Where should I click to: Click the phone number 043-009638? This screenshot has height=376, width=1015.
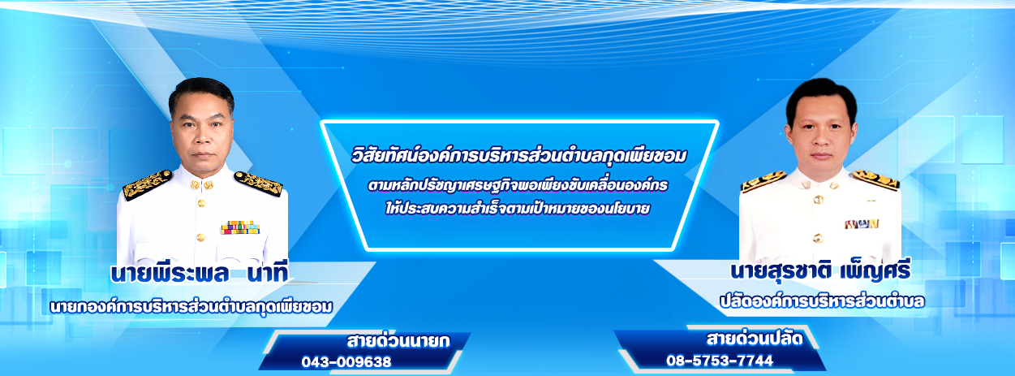click(346, 361)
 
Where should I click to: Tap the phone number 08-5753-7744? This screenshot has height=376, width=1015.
click(720, 360)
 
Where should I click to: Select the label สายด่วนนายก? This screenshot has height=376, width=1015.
click(398, 341)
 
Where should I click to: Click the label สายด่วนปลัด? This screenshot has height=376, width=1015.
click(755, 339)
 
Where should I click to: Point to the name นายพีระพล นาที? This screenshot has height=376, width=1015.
click(200, 274)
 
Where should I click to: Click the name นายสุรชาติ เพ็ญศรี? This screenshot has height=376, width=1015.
click(820, 270)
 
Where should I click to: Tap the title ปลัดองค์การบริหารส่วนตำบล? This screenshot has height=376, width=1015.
click(822, 301)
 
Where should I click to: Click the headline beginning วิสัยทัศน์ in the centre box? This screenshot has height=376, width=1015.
click(519, 156)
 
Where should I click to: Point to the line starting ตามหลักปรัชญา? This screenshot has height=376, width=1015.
click(518, 185)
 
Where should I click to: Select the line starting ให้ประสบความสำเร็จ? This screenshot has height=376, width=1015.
click(518, 208)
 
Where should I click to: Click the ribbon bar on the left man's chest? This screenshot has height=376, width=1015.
click(240, 227)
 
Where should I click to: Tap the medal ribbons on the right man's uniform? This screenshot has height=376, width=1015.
click(862, 223)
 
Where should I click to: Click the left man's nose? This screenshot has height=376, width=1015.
click(202, 138)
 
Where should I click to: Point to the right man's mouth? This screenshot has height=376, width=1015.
click(820, 156)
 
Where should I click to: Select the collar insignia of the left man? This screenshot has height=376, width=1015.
click(202, 184)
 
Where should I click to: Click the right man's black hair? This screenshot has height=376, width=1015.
click(821, 96)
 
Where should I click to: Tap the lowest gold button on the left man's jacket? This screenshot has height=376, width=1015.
click(200, 237)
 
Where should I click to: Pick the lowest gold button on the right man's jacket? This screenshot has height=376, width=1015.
click(818, 238)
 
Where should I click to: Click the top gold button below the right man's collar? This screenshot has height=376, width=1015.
click(818, 200)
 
